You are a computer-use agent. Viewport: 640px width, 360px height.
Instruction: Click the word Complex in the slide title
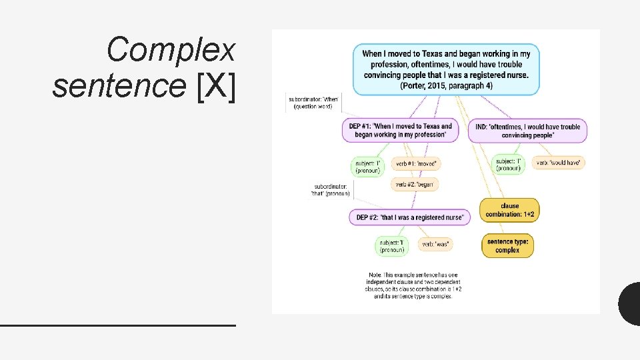tap(171, 50)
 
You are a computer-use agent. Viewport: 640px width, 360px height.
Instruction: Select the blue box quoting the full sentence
tap(446, 69)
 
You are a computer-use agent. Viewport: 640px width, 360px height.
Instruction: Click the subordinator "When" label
tap(313, 103)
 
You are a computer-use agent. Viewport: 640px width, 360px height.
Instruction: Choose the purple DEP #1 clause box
tap(400, 131)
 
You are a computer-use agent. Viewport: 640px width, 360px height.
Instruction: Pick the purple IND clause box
tap(527, 131)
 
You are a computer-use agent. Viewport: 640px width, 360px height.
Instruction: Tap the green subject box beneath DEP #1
tap(367, 166)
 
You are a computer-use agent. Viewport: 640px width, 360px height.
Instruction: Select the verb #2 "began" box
tap(415, 184)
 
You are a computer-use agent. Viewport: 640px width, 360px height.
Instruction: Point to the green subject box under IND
tap(509, 164)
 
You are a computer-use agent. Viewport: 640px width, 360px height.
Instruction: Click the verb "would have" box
tap(559, 163)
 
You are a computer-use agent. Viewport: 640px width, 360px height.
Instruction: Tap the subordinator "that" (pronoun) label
tap(331, 190)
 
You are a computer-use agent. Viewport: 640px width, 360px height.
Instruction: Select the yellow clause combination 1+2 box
tap(509, 210)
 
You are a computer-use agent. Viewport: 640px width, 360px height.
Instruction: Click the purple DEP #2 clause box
tap(409, 217)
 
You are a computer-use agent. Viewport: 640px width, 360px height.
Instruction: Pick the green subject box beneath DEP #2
tap(391, 246)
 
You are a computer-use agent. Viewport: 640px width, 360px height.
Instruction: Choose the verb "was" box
tap(435, 245)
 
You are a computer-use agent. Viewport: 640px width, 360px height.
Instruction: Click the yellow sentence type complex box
tap(508, 246)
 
